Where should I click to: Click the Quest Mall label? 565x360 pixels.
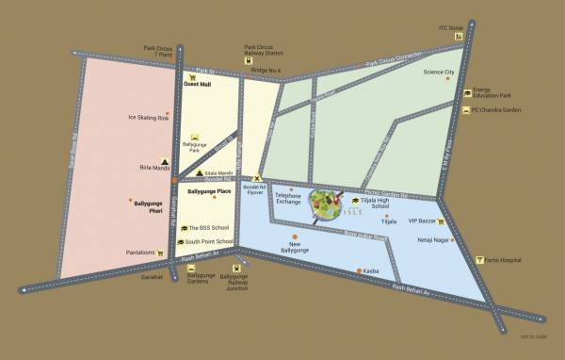point(198,84)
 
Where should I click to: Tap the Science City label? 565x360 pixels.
point(439,73)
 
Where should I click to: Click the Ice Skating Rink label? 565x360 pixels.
point(146,118)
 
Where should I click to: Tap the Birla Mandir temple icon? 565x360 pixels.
point(167,161)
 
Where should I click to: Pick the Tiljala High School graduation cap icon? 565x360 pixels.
point(356,201)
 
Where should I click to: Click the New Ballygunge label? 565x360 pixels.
point(295,247)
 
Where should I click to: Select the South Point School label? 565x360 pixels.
point(209,242)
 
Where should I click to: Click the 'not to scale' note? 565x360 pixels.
point(533,335)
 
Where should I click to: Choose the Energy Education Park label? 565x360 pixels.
point(492,92)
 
